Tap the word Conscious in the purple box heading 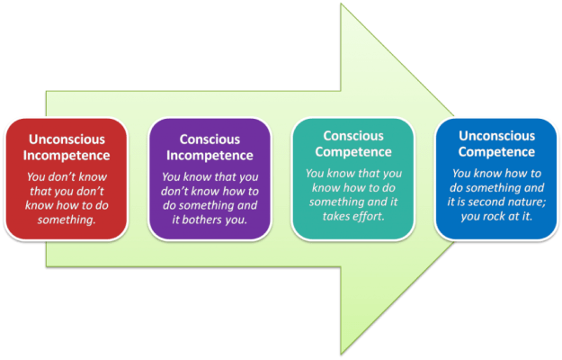[x=209, y=139]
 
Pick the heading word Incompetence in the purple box [x=209, y=156]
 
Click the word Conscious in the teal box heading [x=353, y=135]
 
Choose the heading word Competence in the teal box [x=353, y=151]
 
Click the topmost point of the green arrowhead [x=341, y=6]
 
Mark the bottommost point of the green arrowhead [x=341, y=354]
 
